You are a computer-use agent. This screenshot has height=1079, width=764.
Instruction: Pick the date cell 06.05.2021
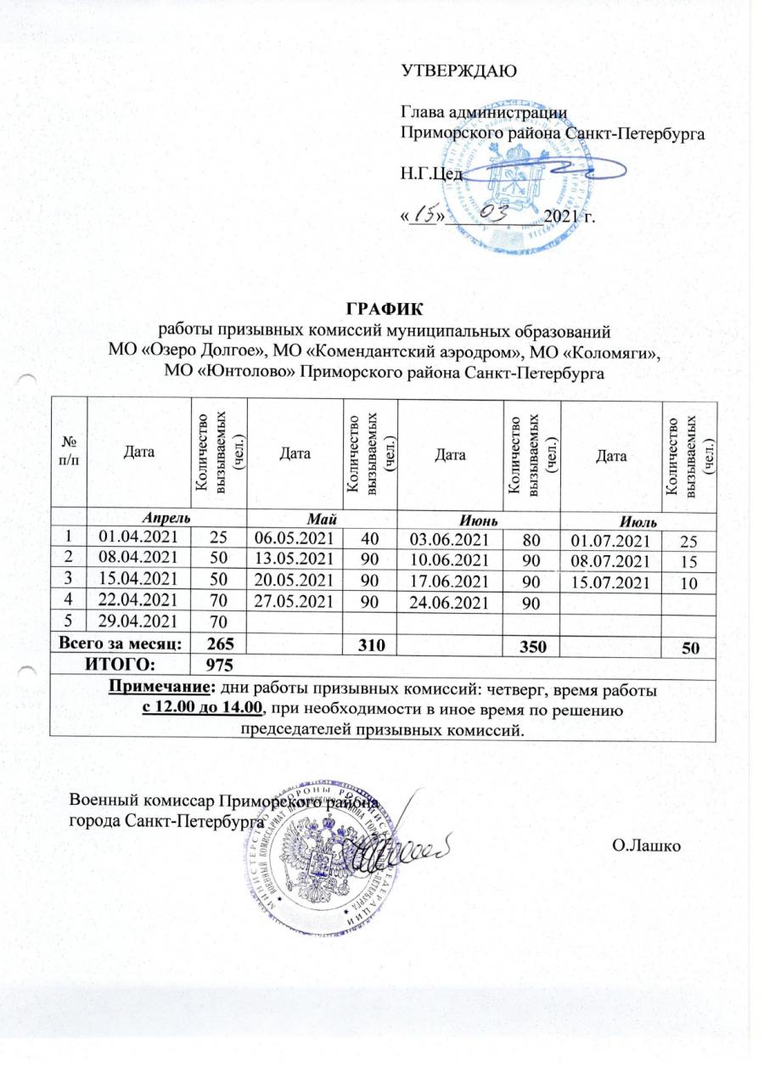[291, 537]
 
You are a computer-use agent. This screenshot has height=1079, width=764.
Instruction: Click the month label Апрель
[166, 516]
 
